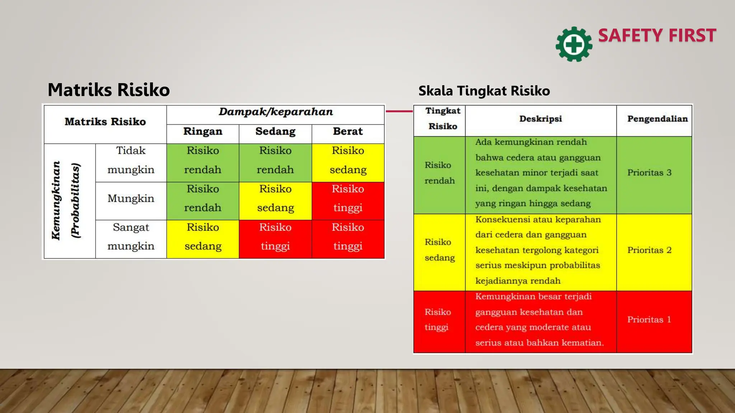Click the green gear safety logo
point(574,44)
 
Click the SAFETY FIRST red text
point(657,35)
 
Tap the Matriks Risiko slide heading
point(109,90)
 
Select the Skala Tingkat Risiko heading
point(484,91)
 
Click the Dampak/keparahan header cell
point(276,112)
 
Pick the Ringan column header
point(203,132)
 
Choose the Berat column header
point(348,132)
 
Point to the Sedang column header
point(275,132)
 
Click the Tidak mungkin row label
point(131,160)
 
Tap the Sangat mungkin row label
point(131,237)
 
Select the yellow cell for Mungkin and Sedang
point(275,199)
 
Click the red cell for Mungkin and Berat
point(348,199)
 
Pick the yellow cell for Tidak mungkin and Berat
point(348,160)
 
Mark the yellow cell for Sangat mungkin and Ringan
point(203,237)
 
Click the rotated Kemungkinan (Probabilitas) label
point(66,200)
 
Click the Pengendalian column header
point(657,119)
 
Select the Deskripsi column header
point(540,119)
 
